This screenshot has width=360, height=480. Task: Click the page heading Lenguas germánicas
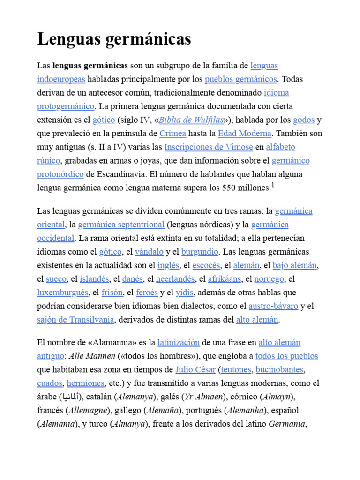(x=114, y=39)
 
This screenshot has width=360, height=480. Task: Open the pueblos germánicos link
(x=241, y=79)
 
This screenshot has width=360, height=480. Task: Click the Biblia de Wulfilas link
(x=191, y=120)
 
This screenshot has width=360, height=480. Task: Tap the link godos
(x=303, y=120)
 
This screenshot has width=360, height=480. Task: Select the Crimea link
(x=172, y=134)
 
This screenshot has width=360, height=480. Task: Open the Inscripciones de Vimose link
(x=209, y=147)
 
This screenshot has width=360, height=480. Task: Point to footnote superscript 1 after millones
(x=273, y=185)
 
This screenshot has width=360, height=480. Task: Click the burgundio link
(x=200, y=252)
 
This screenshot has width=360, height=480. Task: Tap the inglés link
(x=168, y=265)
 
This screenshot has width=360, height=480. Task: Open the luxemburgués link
(x=63, y=292)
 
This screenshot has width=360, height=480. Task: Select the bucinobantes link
(x=279, y=369)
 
